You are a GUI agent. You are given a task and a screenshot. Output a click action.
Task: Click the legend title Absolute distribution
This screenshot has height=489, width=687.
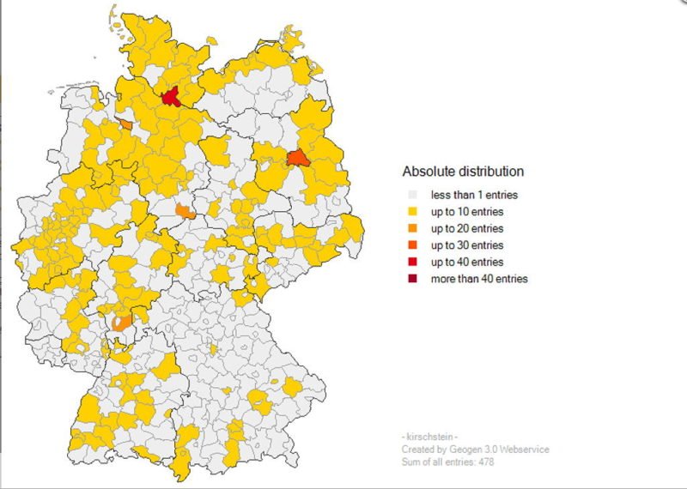(463, 172)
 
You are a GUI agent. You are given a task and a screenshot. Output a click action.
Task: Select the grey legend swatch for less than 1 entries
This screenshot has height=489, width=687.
(413, 195)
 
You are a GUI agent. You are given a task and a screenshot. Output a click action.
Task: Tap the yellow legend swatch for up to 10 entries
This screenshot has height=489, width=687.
(413, 211)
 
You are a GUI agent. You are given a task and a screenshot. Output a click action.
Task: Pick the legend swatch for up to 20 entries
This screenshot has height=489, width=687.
(413, 228)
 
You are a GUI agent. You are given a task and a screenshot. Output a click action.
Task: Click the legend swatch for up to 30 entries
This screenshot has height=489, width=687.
(413, 244)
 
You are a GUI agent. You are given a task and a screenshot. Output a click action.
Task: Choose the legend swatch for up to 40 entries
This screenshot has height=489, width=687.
(413, 262)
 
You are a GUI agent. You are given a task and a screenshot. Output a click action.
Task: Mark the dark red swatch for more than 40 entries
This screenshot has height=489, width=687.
(413, 278)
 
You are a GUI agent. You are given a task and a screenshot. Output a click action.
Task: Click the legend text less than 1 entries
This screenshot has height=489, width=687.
(474, 195)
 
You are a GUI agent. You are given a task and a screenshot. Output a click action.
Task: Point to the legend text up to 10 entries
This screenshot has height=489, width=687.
(467, 211)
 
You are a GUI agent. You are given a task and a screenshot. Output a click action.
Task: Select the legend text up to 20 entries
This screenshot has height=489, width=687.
(467, 228)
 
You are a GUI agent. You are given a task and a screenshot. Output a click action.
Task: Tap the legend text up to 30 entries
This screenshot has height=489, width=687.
(467, 244)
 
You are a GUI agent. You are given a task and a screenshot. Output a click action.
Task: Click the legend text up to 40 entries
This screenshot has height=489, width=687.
(467, 262)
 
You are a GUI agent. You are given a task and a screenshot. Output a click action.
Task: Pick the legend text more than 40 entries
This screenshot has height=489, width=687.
(479, 279)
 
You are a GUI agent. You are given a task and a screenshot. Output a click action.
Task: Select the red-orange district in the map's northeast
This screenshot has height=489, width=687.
(297, 158)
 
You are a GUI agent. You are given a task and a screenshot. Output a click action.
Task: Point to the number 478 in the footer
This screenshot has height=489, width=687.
(485, 462)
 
